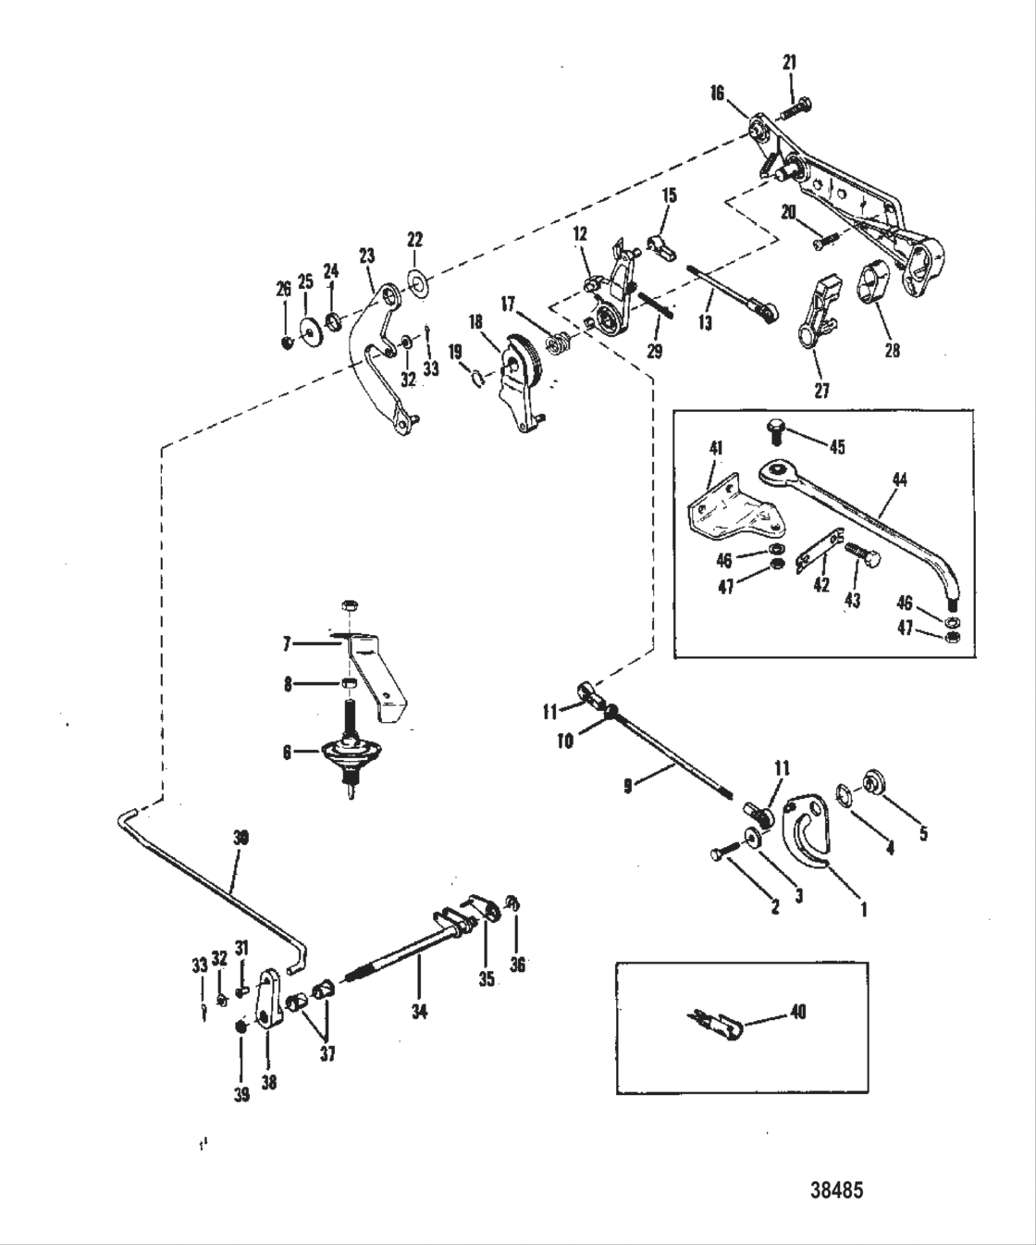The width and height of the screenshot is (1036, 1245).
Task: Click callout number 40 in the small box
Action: tap(798, 1012)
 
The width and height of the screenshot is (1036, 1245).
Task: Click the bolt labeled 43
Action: tap(866, 556)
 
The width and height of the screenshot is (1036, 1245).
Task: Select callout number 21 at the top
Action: tap(789, 63)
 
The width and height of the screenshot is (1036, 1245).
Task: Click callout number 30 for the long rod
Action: tap(240, 838)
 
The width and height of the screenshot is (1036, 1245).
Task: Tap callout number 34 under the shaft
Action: tap(419, 1013)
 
